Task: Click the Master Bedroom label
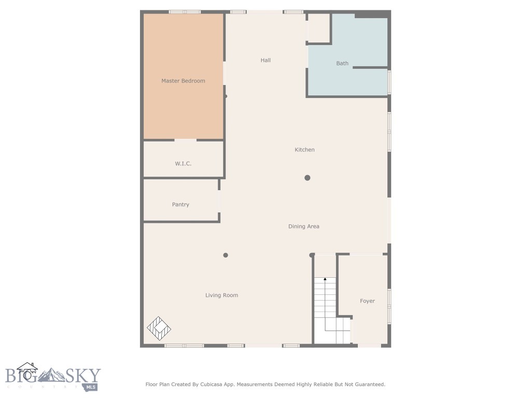coord(183,81)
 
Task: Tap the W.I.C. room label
coord(183,164)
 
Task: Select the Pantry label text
coord(180,205)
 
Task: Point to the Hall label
coord(265,61)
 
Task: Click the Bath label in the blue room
coord(342,63)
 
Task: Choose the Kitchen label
coord(304,150)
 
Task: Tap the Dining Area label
coord(304,226)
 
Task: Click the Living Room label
coord(221,295)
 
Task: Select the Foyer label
coord(367,301)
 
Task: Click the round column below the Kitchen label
coord(307,178)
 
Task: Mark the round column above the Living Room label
coord(226,255)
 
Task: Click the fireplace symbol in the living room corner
coord(159,328)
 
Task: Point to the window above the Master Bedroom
coord(185,11)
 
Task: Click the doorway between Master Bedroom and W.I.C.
coord(185,140)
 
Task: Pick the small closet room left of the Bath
coord(319,28)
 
